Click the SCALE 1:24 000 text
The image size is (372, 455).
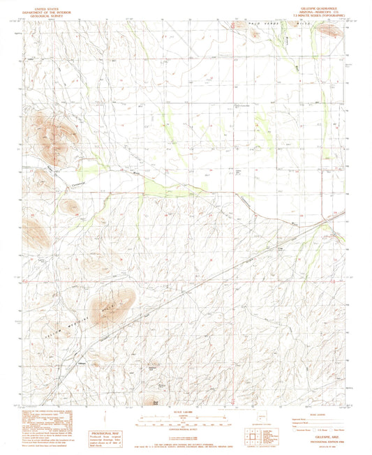(x=186, y=413)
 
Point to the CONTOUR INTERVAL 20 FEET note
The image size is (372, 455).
(x=186, y=427)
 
